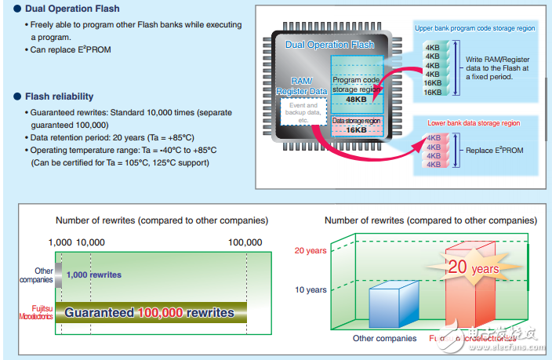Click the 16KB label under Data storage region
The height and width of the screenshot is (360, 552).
[357, 131]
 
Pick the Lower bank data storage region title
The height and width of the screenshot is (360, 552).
[474, 123]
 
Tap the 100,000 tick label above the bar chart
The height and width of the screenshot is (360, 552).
[245, 243]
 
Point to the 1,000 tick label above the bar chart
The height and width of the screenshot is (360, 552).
[60, 243]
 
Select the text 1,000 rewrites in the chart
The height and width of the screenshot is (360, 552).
[93, 275]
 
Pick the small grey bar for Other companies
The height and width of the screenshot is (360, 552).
[58, 275]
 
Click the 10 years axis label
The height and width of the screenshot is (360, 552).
[310, 290]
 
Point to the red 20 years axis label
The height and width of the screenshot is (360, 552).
[310, 251]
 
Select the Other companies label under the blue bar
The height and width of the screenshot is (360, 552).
[385, 338]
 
